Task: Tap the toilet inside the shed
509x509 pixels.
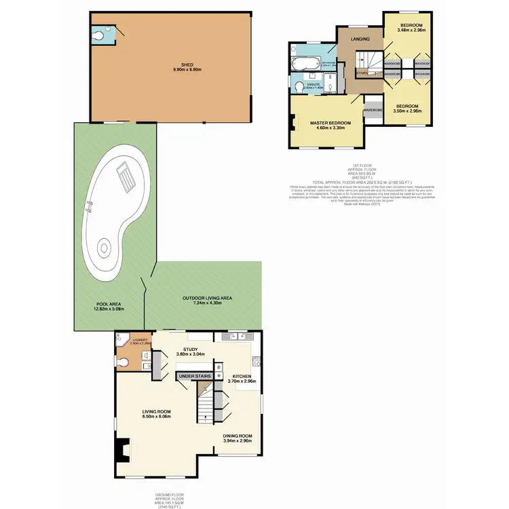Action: [99, 33]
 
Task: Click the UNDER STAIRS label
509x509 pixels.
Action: [195, 375]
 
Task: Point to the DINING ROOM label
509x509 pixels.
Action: [238, 436]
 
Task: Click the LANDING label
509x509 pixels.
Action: [359, 39]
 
